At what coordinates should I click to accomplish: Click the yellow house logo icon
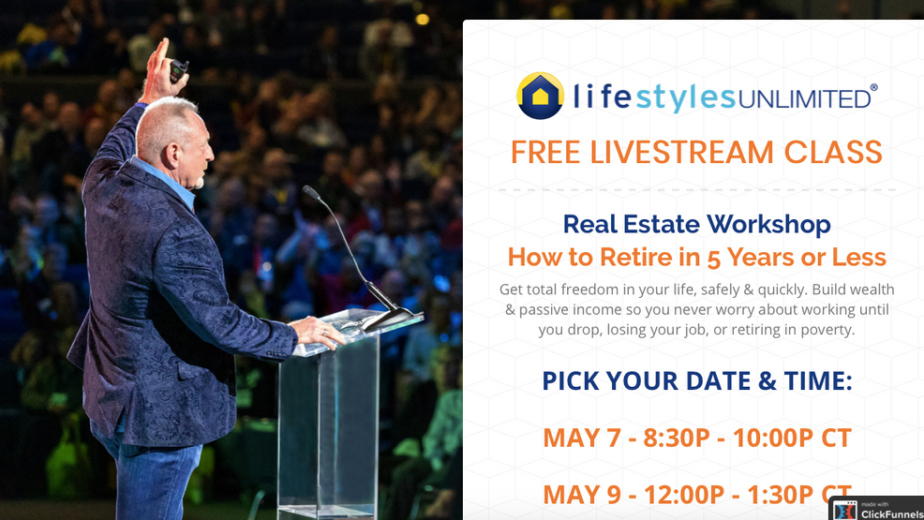click(x=540, y=97)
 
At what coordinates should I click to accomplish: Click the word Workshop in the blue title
click(x=768, y=224)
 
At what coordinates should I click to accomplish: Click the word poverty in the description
click(x=821, y=330)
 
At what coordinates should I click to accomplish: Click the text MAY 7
click(x=578, y=438)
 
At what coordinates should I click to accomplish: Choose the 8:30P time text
click(x=677, y=438)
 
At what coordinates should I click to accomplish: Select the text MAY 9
click(x=578, y=493)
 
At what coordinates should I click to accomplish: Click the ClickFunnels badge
click(x=876, y=509)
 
